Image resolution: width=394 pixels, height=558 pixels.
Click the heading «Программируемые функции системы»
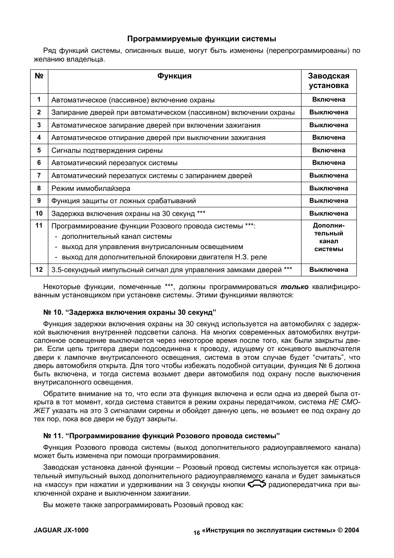[202, 39]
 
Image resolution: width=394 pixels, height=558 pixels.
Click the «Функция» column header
[174, 76]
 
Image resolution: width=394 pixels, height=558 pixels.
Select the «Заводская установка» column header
[329, 81]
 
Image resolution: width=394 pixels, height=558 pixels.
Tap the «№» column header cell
[39, 76]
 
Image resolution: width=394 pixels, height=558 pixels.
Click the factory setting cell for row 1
[329, 100]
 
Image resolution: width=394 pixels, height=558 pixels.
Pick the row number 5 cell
[39, 150]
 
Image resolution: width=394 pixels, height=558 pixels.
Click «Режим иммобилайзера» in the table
[91, 188]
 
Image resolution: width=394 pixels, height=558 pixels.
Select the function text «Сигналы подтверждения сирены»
[107, 150]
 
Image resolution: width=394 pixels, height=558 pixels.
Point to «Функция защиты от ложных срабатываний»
[123, 201]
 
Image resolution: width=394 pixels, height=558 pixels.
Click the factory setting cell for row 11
[329, 237]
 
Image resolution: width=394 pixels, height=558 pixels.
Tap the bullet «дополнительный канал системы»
[116, 237]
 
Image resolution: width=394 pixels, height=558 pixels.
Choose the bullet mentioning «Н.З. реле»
[164, 257]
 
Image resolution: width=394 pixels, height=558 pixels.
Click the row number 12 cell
[39, 270]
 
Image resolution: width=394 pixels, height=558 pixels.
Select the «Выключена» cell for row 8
[329, 188]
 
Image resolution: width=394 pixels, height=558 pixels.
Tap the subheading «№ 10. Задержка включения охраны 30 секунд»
[130, 312]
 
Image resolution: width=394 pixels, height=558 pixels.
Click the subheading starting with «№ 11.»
[162, 436]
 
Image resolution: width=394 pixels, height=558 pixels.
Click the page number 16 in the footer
[196, 533]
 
